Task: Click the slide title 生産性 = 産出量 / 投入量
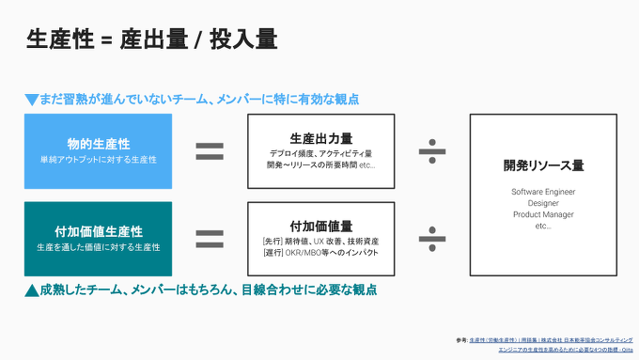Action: (151, 39)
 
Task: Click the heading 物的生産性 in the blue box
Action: (99, 144)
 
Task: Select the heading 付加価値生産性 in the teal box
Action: (99, 231)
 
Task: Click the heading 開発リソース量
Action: (544, 165)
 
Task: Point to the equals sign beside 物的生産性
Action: (209, 150)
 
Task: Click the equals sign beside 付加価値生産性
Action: (209, 238)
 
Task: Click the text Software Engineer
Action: (543, 192)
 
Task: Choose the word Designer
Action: (543, 203)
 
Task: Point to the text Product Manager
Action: (543, 214)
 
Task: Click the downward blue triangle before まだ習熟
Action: (31, 99)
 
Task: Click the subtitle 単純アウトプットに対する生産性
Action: (99, 160)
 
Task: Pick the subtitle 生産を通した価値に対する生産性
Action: (99, 247)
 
